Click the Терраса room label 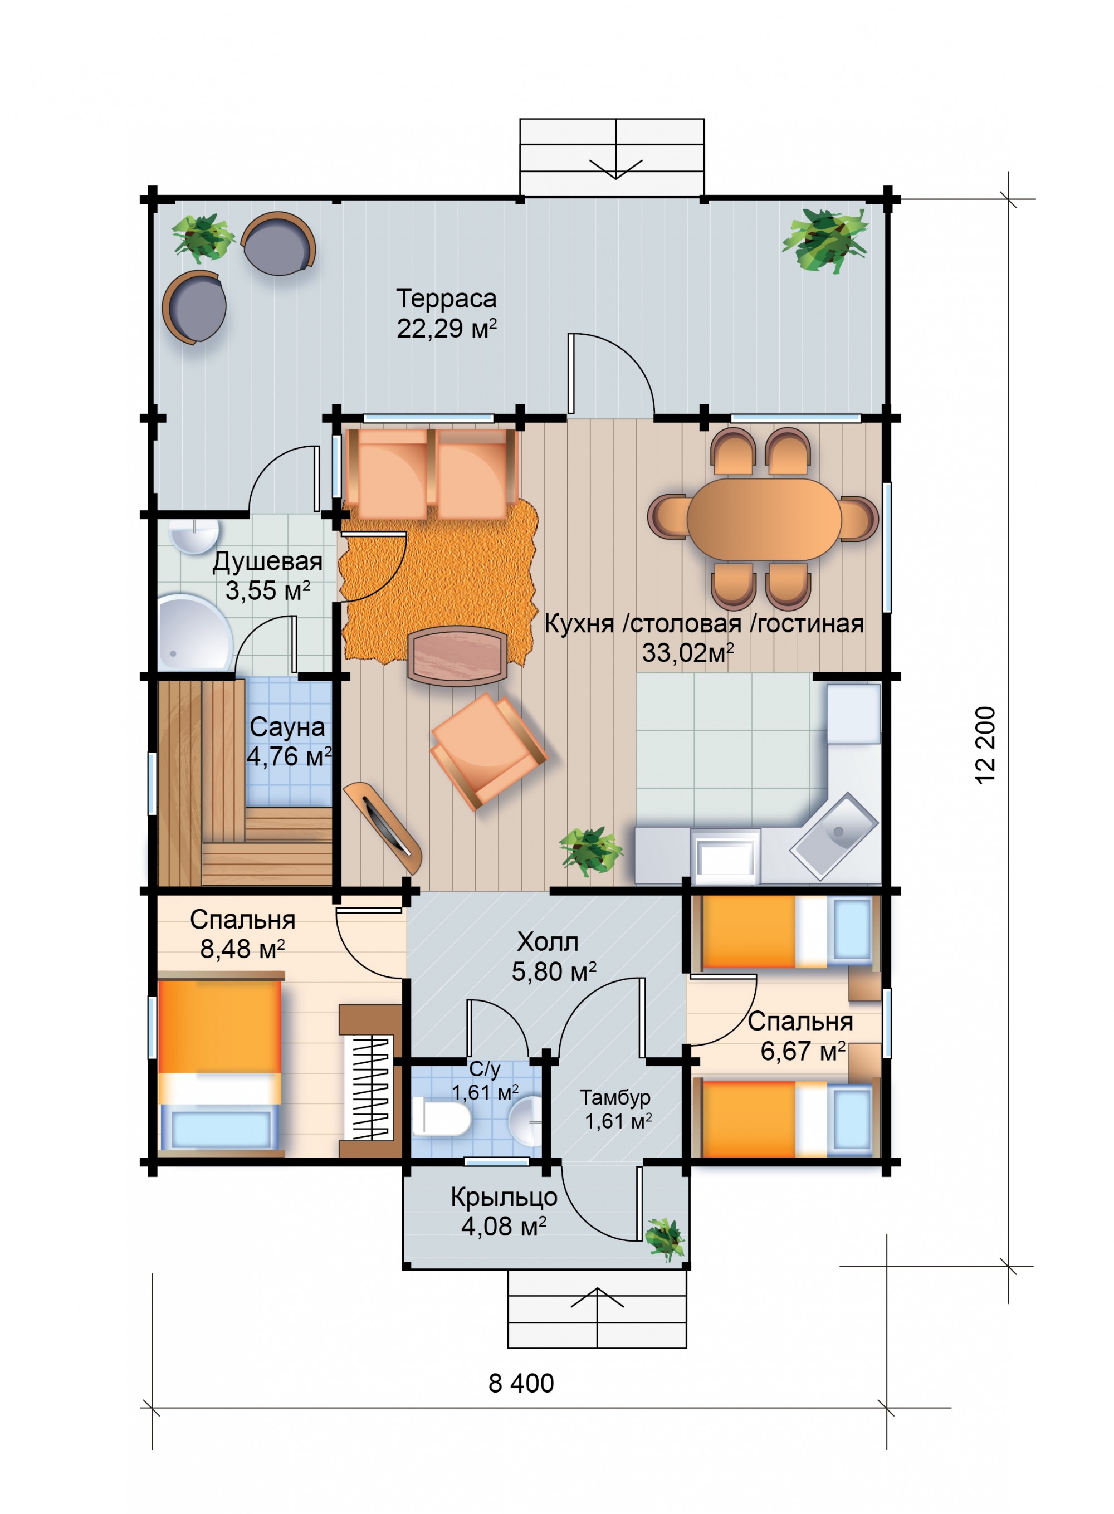pyautogui.click(x=446, y=298)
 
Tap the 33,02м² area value pyautogui.click(x=687, y=652)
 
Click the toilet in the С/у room pyautogui.click(x=442, y=1116)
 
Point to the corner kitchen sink pyautogui.click(x=834, y=836)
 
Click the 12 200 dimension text pyautogui.click(x=985, y=745)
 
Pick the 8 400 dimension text pyautogui.click(x=521, y=1383)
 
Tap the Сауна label pyautogui.click(x=287, y=727)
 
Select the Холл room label pyautogui.click(x=548, y=941)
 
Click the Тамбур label pyautogui.click(x=615, y=1097)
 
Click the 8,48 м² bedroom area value pyautogui.click(x=242, y=949)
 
